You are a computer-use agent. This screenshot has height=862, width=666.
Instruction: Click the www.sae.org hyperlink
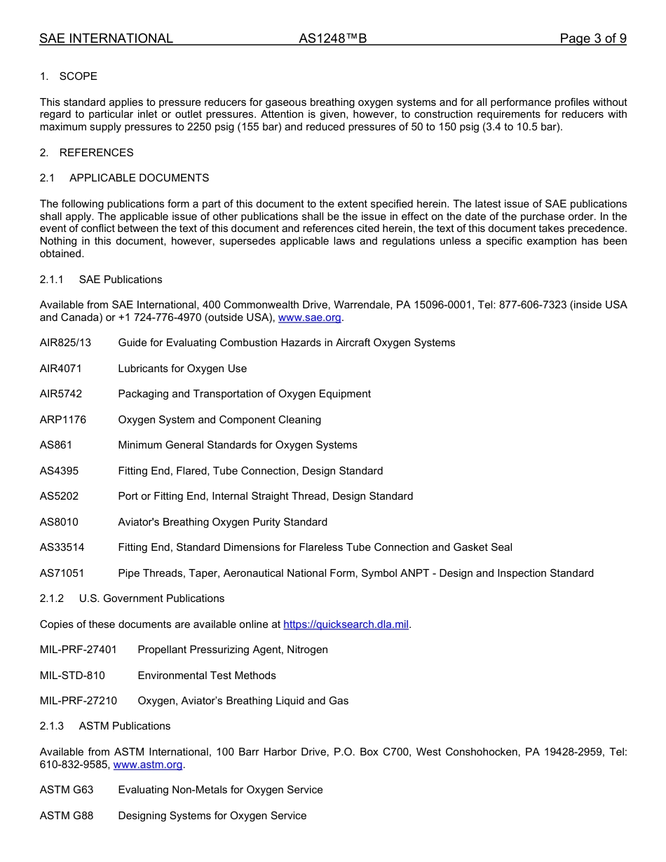point(309,317)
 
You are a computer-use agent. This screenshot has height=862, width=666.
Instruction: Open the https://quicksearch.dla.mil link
point(346,624)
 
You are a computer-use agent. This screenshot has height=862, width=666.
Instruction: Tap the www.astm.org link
point(147,765)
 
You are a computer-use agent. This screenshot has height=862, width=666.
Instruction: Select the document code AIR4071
point(60,369)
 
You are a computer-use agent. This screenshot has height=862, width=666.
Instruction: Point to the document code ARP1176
point(62,420)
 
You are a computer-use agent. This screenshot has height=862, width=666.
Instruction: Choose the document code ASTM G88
point(66,816)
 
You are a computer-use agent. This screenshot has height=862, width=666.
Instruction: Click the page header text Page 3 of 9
point(592,39)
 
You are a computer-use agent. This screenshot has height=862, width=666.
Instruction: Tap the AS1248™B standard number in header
point(332,39)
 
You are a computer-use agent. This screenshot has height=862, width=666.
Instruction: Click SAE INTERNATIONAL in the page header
point(106,39)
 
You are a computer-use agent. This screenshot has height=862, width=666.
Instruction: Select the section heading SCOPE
point(78,76)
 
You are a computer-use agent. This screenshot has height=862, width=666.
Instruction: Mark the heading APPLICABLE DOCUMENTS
point(139,178)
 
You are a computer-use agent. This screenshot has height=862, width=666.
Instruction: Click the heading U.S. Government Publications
point(151,598)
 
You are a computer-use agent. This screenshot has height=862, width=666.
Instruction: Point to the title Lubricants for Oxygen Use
point(182,369)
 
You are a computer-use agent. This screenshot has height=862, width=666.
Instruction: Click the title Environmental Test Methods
point(207,676)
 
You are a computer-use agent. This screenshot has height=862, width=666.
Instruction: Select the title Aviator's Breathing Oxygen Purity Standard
point(222,522)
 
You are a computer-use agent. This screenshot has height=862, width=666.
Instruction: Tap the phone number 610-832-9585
point(74,765)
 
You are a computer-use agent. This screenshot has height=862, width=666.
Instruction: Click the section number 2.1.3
point(51,726)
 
